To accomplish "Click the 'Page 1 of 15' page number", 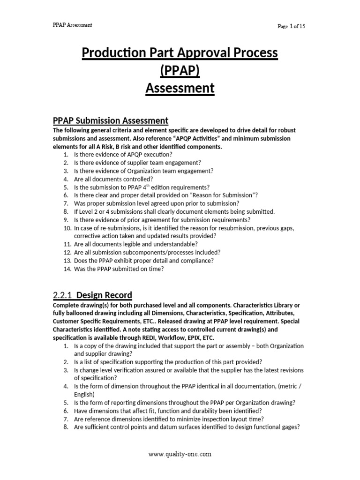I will click(x=291, y=26).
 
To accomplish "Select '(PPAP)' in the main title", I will click(x=180, y=71).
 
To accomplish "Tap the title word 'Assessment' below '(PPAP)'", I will click(x=180, y=88).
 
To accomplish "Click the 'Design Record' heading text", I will click(x=104, y=295).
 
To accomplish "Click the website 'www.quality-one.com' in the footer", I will click(x=180, y=454).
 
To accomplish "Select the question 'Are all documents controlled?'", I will click(x=113, y=179).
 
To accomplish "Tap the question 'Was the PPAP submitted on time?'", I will click(x=119, y=269).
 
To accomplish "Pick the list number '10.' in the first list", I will click(x=67, y=228).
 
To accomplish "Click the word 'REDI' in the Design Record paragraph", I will click(x=162, y=337).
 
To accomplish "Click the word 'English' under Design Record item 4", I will click(x=84, y=394).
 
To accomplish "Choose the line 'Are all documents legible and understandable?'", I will click(x=135, y=244).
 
